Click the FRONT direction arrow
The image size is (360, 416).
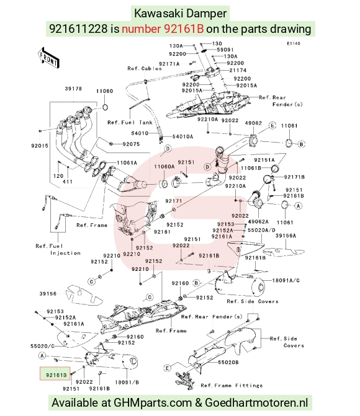48,58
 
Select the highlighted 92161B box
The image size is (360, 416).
55,374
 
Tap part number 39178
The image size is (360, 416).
73,89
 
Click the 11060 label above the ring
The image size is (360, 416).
104,91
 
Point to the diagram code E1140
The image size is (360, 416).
294,43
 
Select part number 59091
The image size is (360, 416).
225,50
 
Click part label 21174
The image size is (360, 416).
238,70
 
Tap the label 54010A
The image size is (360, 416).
182,136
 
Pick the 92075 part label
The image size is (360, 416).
131,144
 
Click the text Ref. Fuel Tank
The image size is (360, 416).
130,123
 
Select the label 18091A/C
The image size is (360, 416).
286,280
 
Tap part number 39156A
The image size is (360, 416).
286,236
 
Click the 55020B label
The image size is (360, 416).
228,362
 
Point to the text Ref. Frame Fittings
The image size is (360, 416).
232,386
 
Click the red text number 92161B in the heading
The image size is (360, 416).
163,29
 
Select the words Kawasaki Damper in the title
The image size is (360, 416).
180,13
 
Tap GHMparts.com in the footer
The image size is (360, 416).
153,403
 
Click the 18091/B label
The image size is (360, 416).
127,383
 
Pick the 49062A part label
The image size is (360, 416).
258,221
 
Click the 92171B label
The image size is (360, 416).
294,177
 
